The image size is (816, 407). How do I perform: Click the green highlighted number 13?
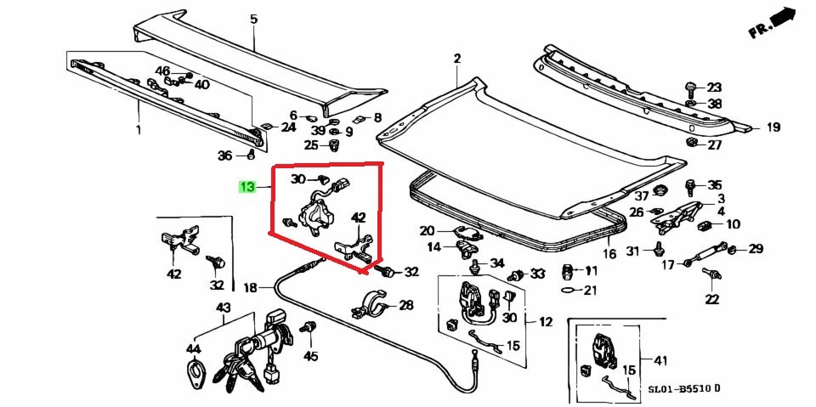point(246,187)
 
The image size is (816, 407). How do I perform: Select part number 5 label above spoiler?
point(253,19)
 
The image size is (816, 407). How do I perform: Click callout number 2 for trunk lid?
point(456,59)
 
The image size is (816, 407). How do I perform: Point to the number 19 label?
point(773,128)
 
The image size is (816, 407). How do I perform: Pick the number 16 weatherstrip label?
point(609,254)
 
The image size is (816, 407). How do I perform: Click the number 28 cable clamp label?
point(405,305)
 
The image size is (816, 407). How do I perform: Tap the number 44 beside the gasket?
point(194,349)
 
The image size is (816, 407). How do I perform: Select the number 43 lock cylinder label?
point(223,308)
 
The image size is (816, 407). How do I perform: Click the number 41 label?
point(659,360)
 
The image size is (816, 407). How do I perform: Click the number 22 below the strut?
point(711,298)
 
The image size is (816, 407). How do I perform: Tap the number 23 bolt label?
point(714,88)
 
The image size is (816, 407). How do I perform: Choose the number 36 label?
point(224,155)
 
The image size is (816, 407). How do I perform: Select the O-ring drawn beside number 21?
point(568,290)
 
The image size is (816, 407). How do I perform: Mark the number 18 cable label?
point(249,287)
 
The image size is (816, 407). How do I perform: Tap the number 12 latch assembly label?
point(545,322)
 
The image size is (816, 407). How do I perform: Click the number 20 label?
point(427,230)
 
